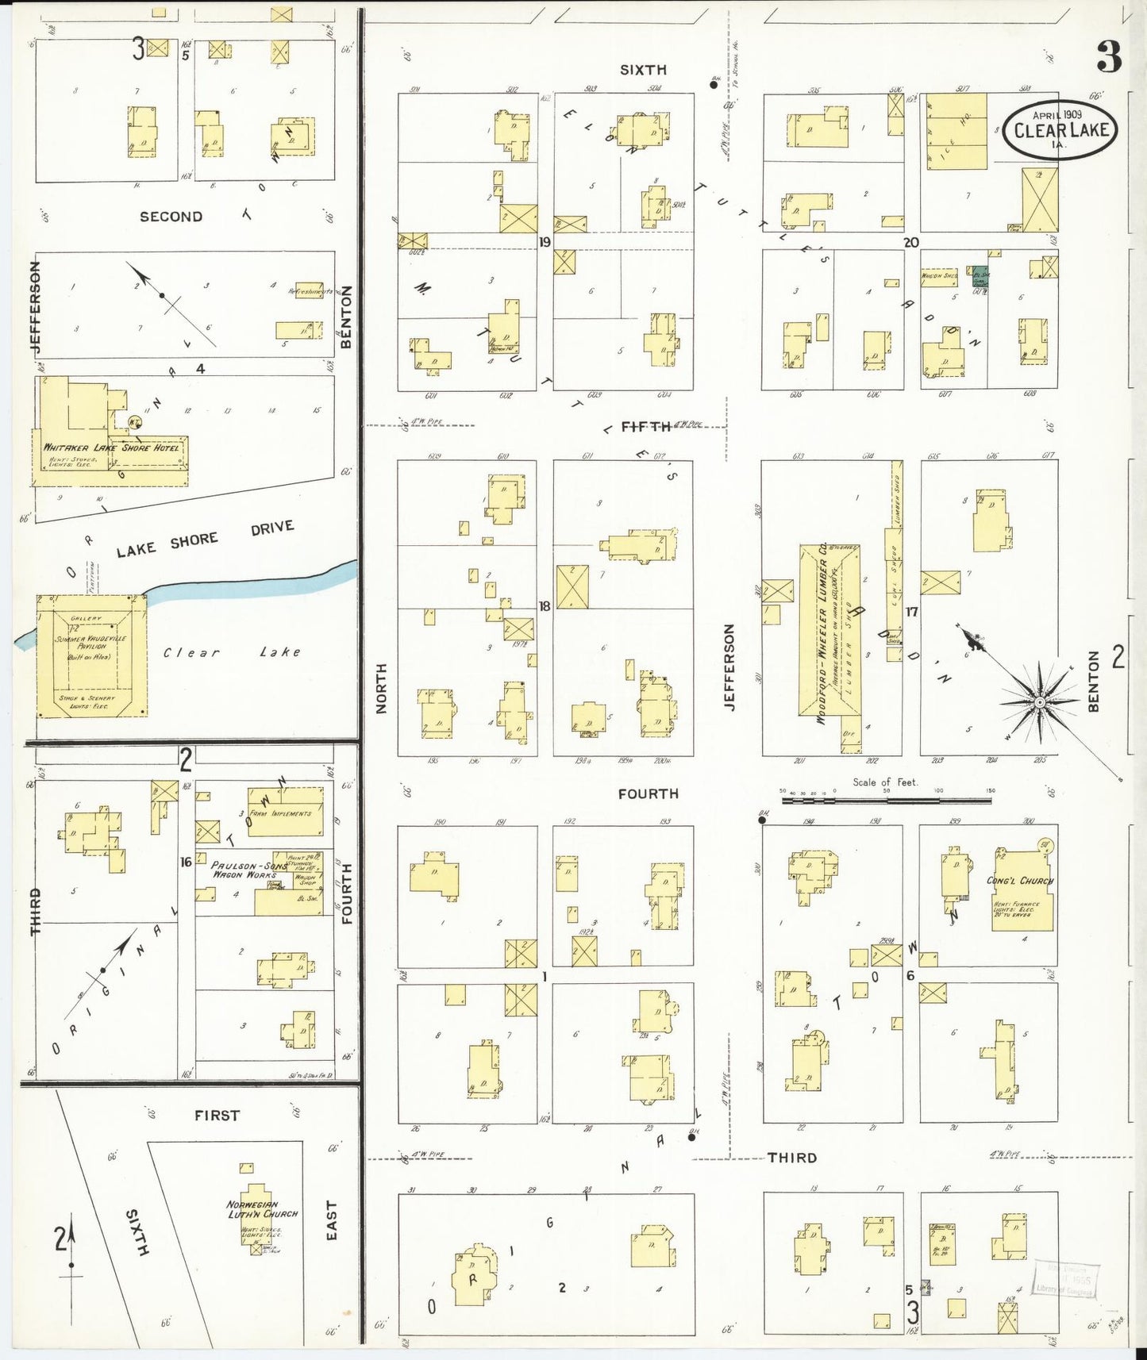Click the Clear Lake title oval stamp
(1060, 129)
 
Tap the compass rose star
(1039, 703)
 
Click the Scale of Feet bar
(886, 801)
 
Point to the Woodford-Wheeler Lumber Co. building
(826, 635)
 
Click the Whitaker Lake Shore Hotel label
(111, 448)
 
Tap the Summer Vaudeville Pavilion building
(91, 657)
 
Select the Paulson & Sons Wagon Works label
(244, 870)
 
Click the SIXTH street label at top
(643, 70)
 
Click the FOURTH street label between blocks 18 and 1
(648, 793)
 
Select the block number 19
(545, 241)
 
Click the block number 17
(911, 612)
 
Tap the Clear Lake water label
(232, 652)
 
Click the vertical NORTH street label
(381, 688)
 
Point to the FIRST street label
(217, 1115)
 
